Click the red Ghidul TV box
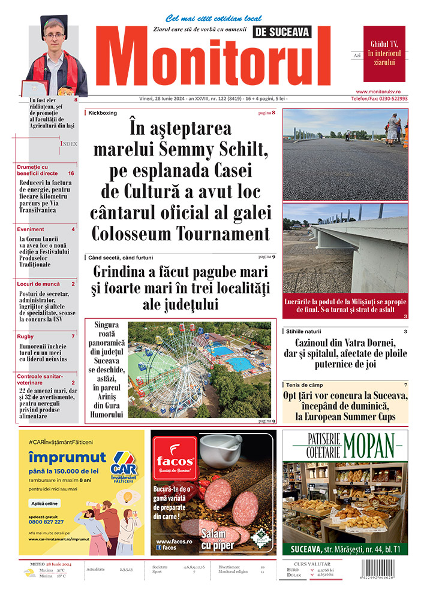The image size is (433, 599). [384, 54]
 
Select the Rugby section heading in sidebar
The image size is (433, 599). [26, 336]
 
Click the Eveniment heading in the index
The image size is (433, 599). [31, 229]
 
